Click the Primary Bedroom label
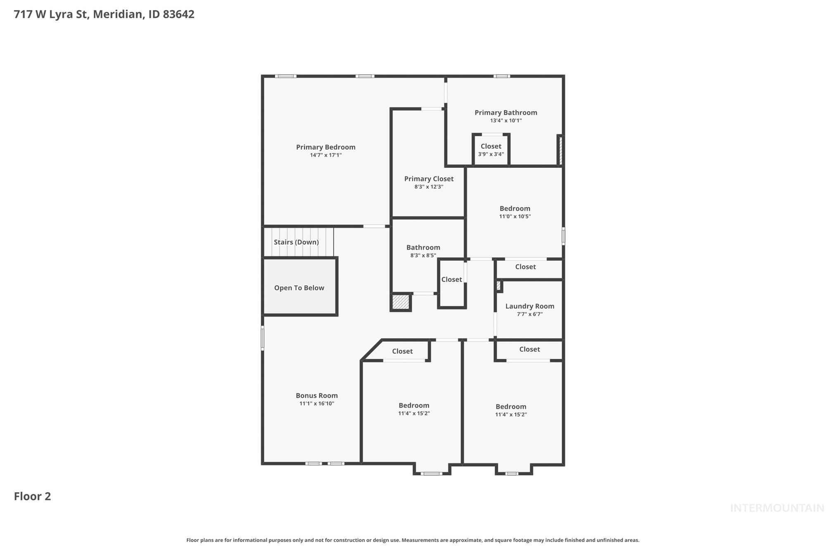click(325, 147)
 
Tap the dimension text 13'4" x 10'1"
click(506, 121)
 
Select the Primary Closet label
click(429, 179)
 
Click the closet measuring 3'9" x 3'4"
click(491, 150)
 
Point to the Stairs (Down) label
click(296, 242)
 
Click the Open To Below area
click(299, 288)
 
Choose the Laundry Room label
click(529, 306)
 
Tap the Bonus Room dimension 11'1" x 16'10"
click(317, 403)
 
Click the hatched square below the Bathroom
click(400, 302)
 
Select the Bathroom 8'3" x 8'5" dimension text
click(423, 255)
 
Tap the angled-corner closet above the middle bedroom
click(402, 351)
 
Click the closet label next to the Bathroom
click(451, 279)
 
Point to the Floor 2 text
click(32, 496)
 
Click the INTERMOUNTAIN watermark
click(776, 508)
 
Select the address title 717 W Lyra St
click(104, 14)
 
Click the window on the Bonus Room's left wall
click(262, 338)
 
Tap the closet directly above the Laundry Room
click(525, 267)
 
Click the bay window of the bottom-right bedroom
click(512, 473)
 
